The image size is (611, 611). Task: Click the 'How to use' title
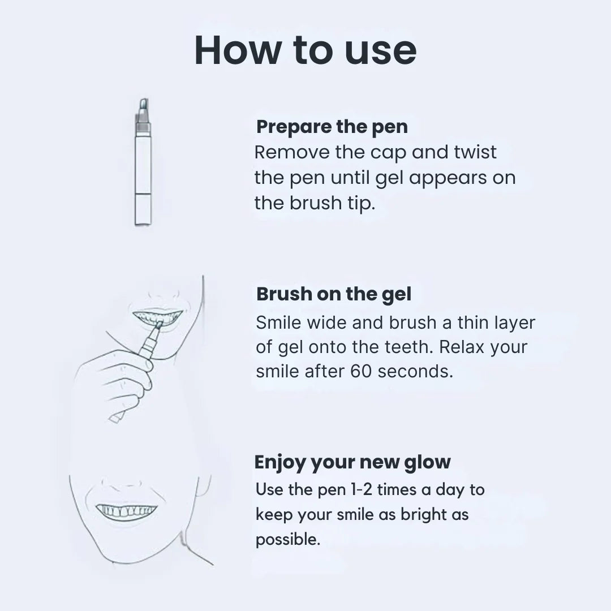tap(305, 51)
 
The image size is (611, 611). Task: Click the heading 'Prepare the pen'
tap(332, 127)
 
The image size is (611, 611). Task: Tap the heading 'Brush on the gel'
tap(334, 294)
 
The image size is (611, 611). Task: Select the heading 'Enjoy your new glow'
tap(352, 462)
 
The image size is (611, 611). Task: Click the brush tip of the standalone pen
tap(144, 105)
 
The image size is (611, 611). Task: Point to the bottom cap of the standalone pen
tap(143, 209)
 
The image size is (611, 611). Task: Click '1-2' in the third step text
tap(362, 489)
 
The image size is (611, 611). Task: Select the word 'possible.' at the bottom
tap(288, 539)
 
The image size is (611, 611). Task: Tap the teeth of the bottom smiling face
tap(126, 511)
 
